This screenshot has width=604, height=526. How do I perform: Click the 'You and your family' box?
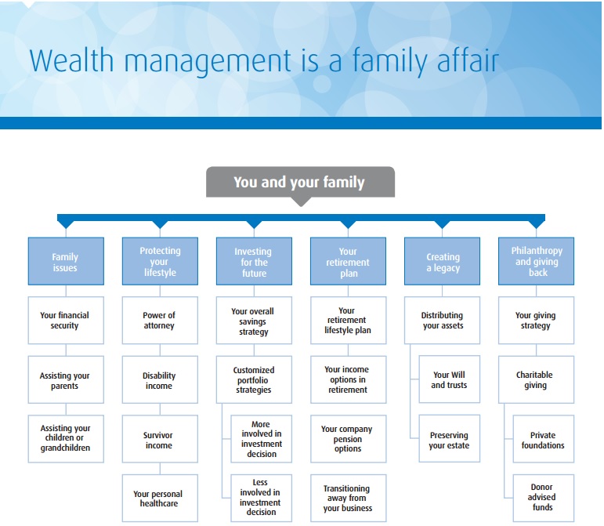300,182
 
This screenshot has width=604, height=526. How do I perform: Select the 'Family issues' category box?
65,262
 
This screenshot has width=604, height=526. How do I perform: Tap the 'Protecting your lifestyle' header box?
160,262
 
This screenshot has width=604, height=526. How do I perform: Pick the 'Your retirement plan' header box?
348,262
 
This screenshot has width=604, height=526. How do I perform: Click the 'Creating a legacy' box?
443,262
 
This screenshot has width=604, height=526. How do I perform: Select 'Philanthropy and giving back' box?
537,262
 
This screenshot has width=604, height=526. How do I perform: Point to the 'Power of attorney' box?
160,321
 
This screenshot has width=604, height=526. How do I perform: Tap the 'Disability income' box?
160,380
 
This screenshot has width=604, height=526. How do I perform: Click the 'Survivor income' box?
160,440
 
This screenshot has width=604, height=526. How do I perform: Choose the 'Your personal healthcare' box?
160,499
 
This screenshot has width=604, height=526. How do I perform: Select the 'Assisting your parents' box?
65,380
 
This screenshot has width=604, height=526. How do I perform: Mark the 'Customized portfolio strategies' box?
254,380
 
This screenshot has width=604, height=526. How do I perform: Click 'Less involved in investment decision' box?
262,497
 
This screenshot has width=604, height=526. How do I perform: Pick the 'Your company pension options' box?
348,439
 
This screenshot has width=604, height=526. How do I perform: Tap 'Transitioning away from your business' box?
348,498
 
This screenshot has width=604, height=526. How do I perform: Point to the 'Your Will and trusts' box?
449,380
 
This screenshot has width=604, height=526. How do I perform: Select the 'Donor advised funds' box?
543,497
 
